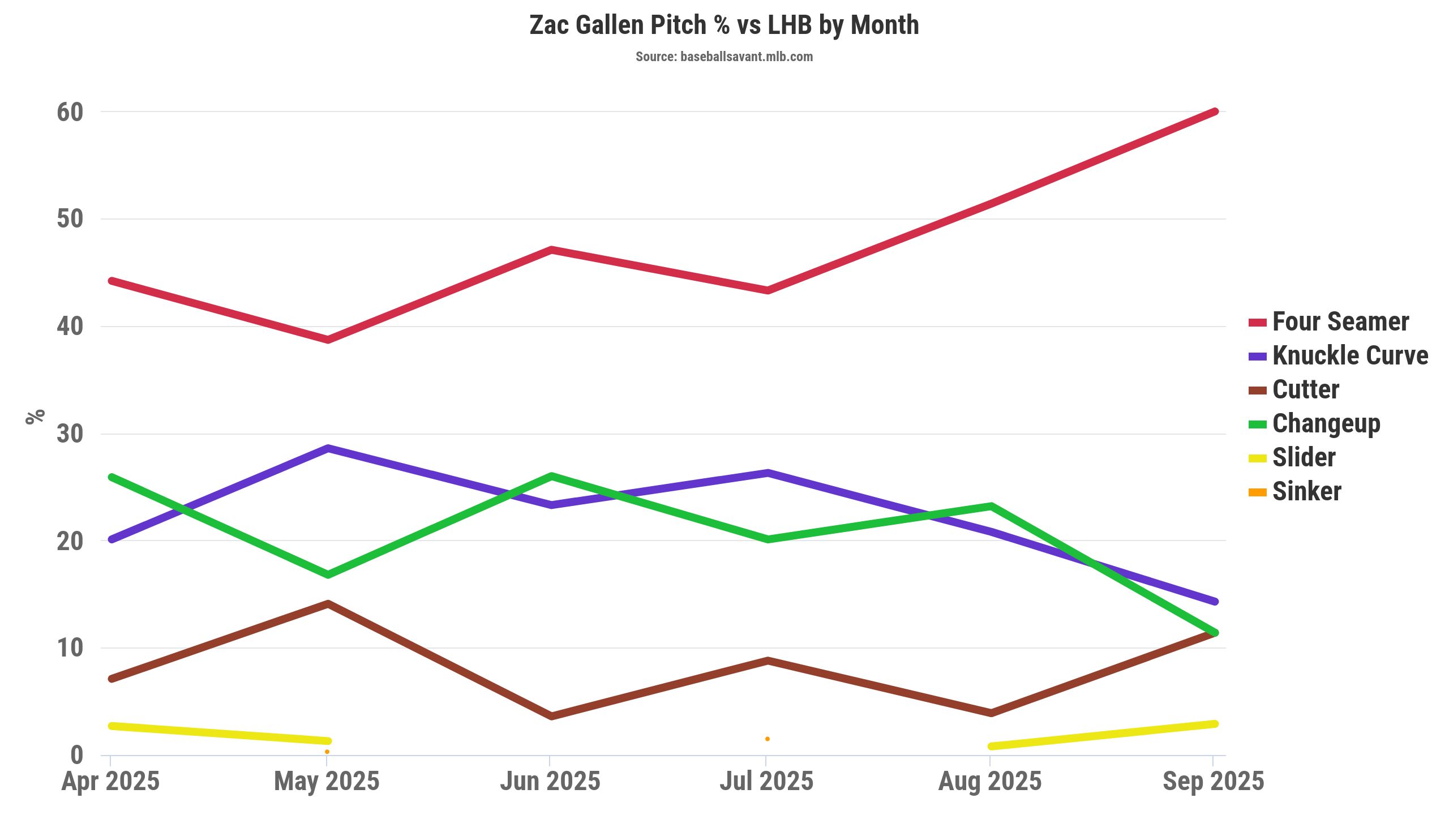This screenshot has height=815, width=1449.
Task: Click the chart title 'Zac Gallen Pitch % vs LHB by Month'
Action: (x=724, y=25)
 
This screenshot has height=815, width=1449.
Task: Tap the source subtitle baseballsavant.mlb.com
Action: (x=724, y=57)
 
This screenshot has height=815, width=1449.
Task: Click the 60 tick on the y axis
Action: (x=70, y=112)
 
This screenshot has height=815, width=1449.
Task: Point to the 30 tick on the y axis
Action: (x=70, y=434)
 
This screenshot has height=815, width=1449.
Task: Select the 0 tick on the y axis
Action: (x=77, y=755)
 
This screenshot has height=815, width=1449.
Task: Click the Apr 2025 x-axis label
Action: (x=110, y=782)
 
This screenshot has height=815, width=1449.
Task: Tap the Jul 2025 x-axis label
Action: (x=766, y=782)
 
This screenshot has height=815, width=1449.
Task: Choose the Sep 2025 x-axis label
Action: (x=1213, y=782)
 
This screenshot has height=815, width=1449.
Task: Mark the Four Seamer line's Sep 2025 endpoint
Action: (x=1214, y=111)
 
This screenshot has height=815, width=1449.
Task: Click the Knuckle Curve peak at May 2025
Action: (x=328, y=448)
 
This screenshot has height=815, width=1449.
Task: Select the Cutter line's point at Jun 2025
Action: (x=551, y=717)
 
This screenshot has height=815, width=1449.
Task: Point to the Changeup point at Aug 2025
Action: (x=991, y=506)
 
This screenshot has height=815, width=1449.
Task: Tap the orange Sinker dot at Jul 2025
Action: (x=768, y=739)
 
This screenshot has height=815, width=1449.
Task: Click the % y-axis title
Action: (x=35, y=417)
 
